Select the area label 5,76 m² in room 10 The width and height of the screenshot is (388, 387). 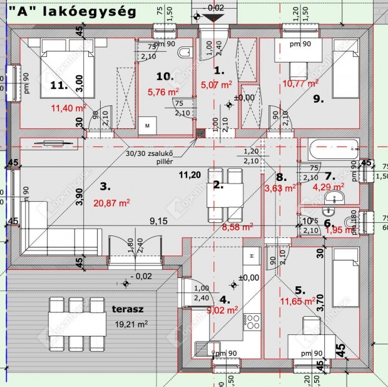[x=164, y=91]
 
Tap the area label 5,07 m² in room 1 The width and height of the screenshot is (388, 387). [x=216, y=83]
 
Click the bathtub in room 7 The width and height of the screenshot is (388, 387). [x=332, y=149]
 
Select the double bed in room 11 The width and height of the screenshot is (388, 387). [x=63, y=69]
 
